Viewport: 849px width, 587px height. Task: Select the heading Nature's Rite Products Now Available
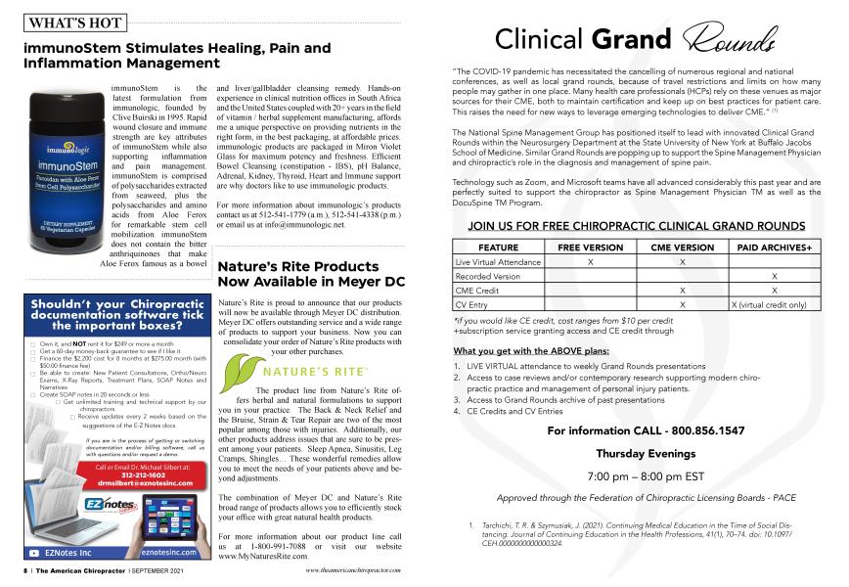pyautogui.click(x=310, y=273)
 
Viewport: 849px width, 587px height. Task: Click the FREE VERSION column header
pyautogui.click(x=589, y=248)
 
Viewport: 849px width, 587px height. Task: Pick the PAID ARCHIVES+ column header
pyautogui.click(x=775, y=248)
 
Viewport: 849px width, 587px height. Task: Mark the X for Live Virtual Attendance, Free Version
pyautogui.click(x=589, y=263)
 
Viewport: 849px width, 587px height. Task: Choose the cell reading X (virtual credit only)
pyautogui.click(x=775, y=305)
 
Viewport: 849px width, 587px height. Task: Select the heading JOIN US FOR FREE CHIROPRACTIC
pyautogui.click(x=637, y=226)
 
